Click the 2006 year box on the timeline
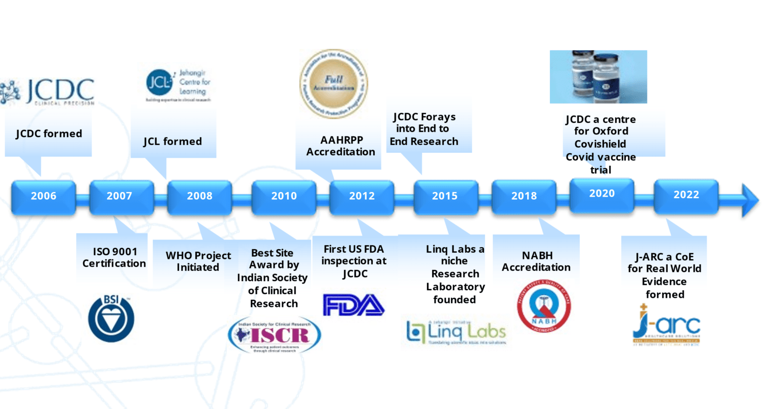(44, 196)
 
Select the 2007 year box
(120, 196)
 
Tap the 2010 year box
(284, 196)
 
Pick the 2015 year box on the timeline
(445, 196)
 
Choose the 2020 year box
(601, 194)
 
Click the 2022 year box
(686, 195)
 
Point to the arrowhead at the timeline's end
(750, 200)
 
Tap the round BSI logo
(111, 319)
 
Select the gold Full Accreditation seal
(333, 83)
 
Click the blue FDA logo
(354, 305)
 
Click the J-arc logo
(666, 325)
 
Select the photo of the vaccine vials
(598, 77)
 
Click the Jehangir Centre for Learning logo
(178, 84)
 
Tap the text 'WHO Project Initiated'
(198, 261)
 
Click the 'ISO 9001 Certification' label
(114, 257)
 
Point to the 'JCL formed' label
(172, 142)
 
